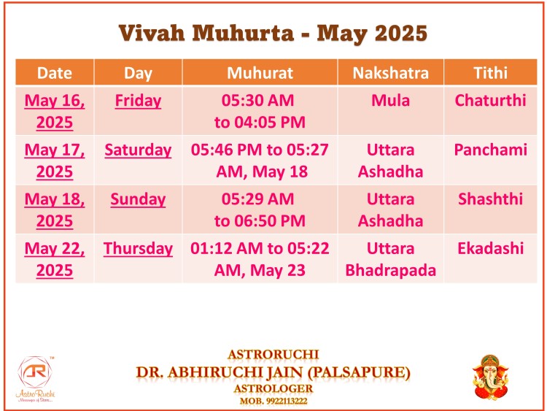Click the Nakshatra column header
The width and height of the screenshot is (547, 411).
390,73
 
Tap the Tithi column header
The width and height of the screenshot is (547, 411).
490,73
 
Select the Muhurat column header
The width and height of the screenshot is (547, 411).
260,73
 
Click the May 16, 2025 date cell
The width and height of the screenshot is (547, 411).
55,112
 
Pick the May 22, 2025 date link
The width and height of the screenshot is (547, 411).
55,259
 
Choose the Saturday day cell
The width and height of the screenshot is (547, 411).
138,150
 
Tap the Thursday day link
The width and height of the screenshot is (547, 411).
138,249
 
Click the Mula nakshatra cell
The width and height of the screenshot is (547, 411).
390,101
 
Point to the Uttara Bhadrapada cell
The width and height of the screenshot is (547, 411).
390,259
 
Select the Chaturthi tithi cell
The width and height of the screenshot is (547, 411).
490,101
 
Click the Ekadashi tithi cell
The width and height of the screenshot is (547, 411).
490,249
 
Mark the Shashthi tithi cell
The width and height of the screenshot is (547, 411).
490,199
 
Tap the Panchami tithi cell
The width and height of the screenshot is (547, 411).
490,150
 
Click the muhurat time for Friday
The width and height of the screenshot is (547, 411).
260,112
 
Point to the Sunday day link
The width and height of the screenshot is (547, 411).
138,199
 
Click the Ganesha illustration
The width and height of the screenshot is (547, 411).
491,377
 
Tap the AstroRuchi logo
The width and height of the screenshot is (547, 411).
35,379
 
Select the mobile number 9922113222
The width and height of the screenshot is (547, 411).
287,401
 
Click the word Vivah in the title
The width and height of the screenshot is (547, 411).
152,34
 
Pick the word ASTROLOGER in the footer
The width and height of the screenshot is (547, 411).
273,388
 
